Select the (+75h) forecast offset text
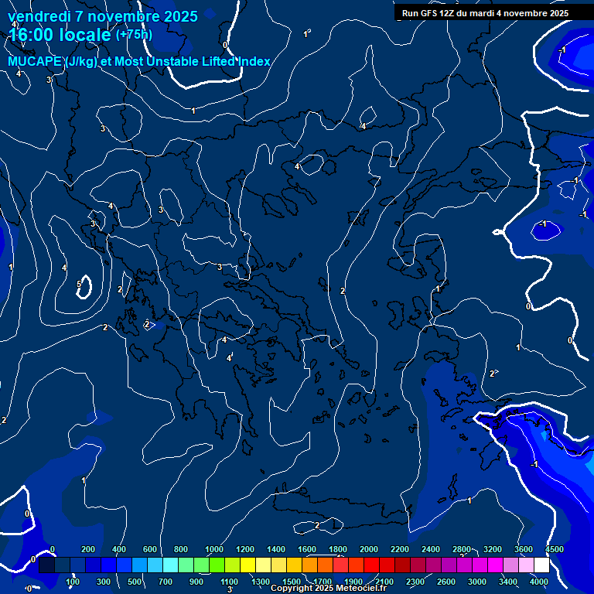click(x=134, y=34)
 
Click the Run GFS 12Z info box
click(x=485, y=12)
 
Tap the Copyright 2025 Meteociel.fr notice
click(x=328, y=589)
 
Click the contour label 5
click(x=79, y=285)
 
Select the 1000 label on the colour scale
click(x=214, y=549)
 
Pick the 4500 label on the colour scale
click(x=554, y=549)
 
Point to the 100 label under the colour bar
click(x=73, y=582)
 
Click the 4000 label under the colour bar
click(x=539, y=582)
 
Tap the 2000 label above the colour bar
click(x=369, y=549)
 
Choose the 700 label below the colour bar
click(x=166, y=582)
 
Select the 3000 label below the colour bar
click(x=477, y=582)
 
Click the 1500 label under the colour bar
click(x=292, y=582)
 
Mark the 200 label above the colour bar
click(x=88, y=549)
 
